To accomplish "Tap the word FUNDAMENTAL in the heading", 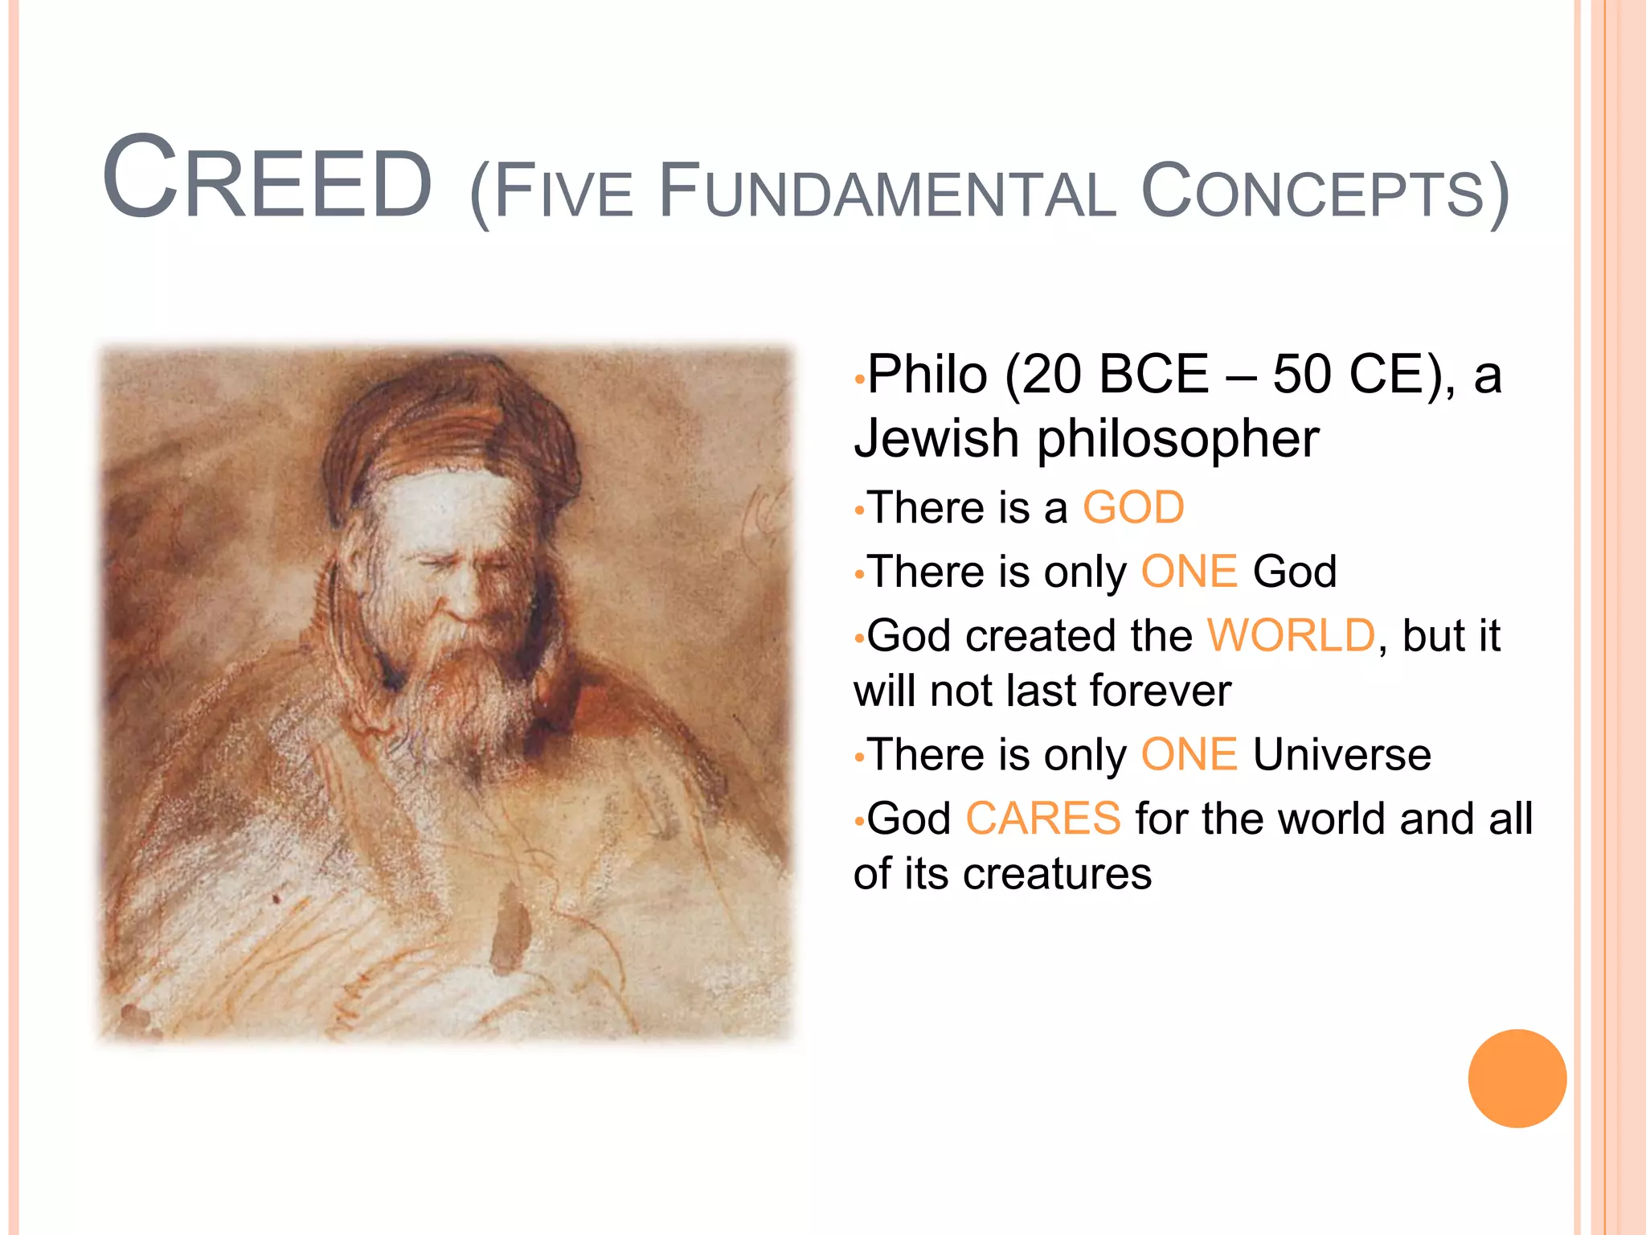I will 886,193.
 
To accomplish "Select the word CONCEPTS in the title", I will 1312,193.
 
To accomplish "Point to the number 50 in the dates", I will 1301,375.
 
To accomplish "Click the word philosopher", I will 1178,439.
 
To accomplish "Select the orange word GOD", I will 1133,508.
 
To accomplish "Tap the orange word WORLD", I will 1291,636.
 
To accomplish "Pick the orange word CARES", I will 1042,819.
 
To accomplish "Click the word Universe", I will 1341,755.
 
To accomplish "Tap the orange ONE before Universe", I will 1189,755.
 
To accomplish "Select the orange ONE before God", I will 1189,572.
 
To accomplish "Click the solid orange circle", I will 1517,1078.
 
